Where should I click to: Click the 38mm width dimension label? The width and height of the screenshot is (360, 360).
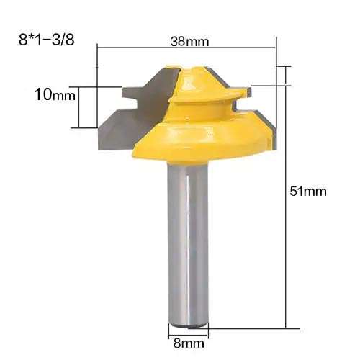click(x=186, y=41)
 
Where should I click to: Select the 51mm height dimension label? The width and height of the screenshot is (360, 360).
click(x=309, y=191)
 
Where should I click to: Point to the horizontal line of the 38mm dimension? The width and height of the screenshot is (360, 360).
click(x=144, y=49)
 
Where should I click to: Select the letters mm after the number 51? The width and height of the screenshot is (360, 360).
click(x=317, y=191)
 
